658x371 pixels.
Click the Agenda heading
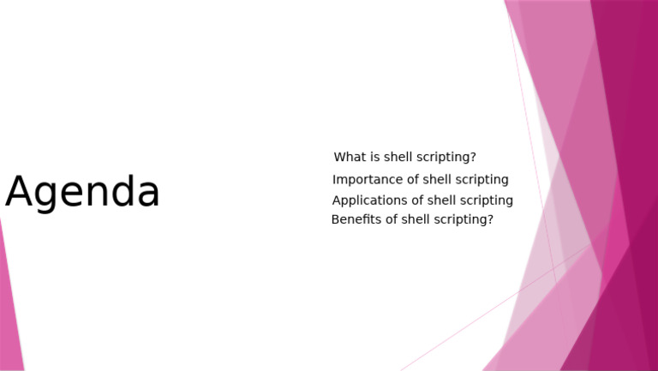tap(82, 193)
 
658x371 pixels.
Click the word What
tap(350, 158)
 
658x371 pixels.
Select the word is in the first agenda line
tap(375, 158)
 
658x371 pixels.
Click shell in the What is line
tap(398, 158)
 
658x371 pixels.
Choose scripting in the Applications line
tap(487, 200)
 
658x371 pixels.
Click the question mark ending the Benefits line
tap(490, 220)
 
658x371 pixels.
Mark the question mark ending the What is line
tap(473, 158)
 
